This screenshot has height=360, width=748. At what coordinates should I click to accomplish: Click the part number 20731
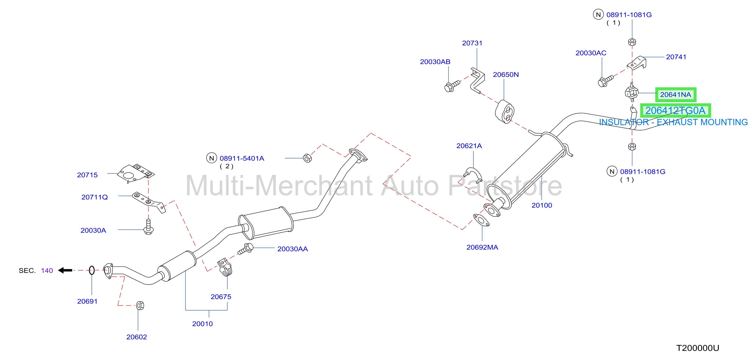click(x=472, y=43)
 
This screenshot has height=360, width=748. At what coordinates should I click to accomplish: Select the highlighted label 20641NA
click(x=675, y=95)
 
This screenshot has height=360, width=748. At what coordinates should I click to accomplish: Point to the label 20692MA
click(x=482, y=247)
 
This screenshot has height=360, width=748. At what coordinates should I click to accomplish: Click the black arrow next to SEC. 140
click(x=65, y=270)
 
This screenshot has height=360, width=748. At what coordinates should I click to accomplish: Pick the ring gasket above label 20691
click(x=92, y=270)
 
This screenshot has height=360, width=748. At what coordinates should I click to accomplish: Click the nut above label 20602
click(x=140, y=305)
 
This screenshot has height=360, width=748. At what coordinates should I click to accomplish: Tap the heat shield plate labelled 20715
click(x=136, y=174)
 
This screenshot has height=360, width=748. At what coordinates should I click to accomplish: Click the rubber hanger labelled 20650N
click(x=504, y=112)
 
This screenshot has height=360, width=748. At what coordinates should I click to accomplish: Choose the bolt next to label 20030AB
click(x=452, y=86)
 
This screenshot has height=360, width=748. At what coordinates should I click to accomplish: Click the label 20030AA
click(x=292, y=249)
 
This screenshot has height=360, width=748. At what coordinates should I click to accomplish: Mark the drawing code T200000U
click(x=698, y=348)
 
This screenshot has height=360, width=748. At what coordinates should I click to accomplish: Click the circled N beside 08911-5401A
click(x=211, y=158)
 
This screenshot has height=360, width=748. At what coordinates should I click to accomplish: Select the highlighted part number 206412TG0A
click(x=675, y=111)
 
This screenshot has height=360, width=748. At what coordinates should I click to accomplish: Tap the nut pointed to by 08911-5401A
click(x=307, y=158)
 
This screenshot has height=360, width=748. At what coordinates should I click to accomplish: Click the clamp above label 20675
click(x=225, y=267)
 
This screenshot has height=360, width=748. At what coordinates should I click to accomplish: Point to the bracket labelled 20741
click(x=637, y=63)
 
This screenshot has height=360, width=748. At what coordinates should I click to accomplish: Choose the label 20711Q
click(x=94, y=197)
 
